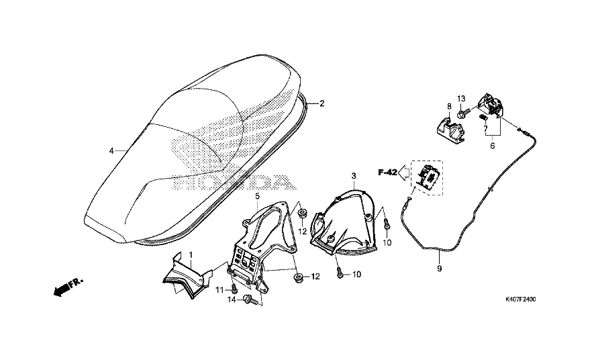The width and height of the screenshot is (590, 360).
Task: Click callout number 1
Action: tap(190, 255)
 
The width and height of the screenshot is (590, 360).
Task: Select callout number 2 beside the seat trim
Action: tap(322, 104)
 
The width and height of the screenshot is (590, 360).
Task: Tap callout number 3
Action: tap(353, 175)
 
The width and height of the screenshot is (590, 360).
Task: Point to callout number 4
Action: tap(111, 150)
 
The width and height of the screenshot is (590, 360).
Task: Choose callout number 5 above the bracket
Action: tap(256, 195)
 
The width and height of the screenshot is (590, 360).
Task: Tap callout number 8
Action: tap(448, 107)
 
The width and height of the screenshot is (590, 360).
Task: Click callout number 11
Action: tap(218, 289)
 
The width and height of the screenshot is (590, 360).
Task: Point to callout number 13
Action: tap(462, 99)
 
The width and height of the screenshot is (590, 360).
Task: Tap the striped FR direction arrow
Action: tap(62, 288)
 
